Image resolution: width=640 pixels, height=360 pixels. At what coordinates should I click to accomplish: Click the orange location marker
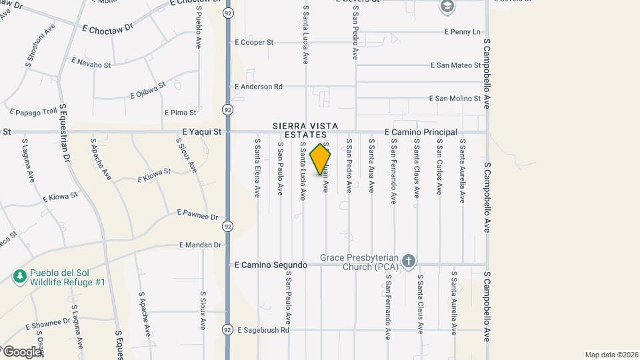[x=321, y=159]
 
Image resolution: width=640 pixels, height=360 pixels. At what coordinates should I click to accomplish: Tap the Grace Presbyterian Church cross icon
[x=409, y=260]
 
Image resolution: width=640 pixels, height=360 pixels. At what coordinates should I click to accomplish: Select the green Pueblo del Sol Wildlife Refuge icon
[x=21, y=276]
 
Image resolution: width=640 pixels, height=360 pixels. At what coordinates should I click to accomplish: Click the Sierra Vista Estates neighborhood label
[x=306, y=131]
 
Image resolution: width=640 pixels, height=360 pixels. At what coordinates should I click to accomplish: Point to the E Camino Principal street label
[x=420, y=133]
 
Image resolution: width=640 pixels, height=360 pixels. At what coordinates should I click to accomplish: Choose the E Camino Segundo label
[x=271, y=265]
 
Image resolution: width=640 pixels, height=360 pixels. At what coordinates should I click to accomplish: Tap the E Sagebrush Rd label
[x=262, y=329]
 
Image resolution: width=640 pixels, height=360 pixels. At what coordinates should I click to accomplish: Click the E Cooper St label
[x=254, y=42]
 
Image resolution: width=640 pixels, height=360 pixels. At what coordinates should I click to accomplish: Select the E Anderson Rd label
[x=259, y=87]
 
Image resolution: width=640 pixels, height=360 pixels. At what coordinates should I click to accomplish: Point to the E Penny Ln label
[x=462, y=31]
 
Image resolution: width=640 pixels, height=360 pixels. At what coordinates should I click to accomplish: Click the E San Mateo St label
[x=455, y=65]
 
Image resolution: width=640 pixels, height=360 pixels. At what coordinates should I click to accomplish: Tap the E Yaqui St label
[x=201, y=132]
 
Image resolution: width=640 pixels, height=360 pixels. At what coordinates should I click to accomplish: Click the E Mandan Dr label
[x=199, y=245]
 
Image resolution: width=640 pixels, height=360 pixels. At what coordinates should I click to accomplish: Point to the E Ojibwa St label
[x=148, y=90]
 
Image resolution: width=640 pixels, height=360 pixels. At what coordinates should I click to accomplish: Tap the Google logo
[x=21, y=351]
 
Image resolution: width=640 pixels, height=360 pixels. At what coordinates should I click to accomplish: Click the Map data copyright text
[x=611, y=355]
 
